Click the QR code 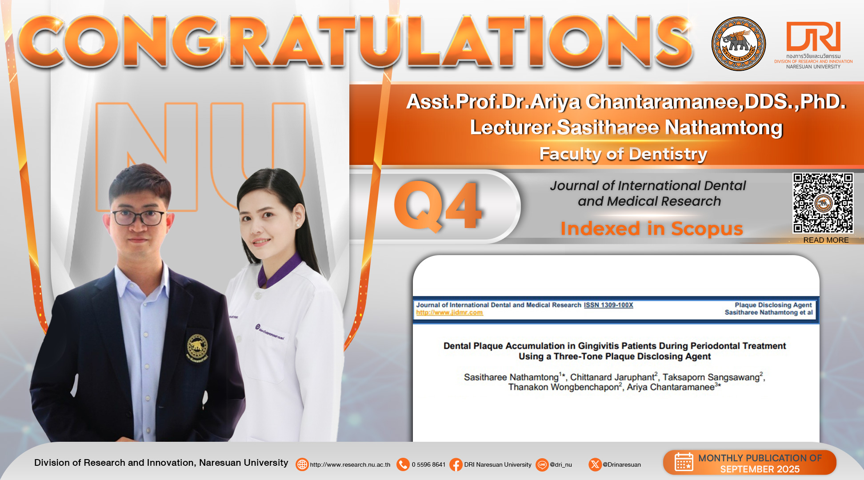pos(823,203)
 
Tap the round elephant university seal pos(738,44)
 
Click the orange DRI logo pos(813,36)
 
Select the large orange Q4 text pos(438,206)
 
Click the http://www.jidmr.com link pos(449,312)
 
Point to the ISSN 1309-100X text pos(608,305)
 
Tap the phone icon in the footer pos(403,464)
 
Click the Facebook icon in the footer pos(456,464)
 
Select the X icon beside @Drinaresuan pos(595,464)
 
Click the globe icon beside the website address pos(302,464)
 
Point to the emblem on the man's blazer pos(197,348)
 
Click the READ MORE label pos(826,240)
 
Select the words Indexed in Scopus pos(652,228)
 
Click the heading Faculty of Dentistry pos(623,154)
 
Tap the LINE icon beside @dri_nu pos(542,464)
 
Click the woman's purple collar pos(278,270)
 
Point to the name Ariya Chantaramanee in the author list pos(682,387)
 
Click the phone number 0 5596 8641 pos(428,464)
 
